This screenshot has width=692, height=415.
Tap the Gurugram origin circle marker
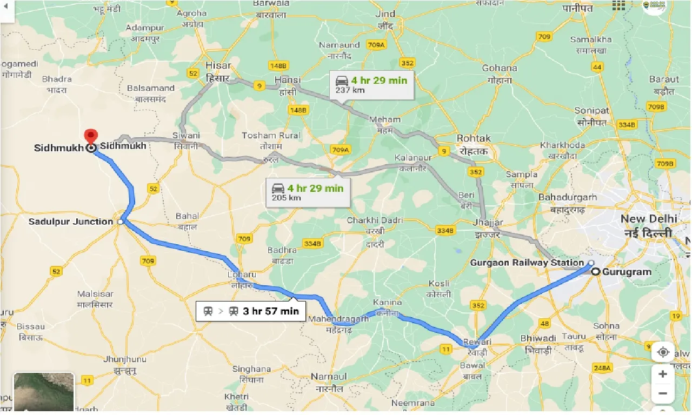point(595,272)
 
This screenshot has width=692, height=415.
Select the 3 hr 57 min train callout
point(251,311)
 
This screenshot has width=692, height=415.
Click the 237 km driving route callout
point(372,84)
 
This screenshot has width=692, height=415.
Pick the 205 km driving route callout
point(308,192)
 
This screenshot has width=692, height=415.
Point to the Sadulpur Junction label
point(70,222)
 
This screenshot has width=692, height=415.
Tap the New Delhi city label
point(648,219)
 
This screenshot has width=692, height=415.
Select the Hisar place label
point(218,65)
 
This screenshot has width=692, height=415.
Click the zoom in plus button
point(663,374)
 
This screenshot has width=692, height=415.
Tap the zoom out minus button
point(663,393)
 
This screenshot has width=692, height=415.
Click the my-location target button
point(663,352)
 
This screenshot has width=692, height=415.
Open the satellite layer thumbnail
point(43,392)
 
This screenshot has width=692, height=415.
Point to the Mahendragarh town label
point(338,319)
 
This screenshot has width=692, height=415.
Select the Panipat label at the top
point(577,9)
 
